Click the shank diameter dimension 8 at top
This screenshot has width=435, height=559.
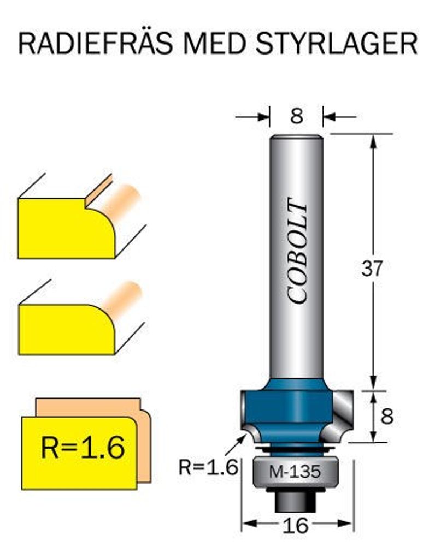(x=296, y=116)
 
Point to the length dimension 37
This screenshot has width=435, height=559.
(x=373, y=268)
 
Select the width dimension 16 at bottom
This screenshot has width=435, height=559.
(x=297, y=525)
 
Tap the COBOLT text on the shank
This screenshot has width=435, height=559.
(x=297, y=251)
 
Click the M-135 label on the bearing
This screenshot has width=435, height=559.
(x=296, y=472)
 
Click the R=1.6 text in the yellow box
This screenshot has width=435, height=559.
(x=83, y=448)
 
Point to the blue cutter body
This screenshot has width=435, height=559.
(x=290, y=409)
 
